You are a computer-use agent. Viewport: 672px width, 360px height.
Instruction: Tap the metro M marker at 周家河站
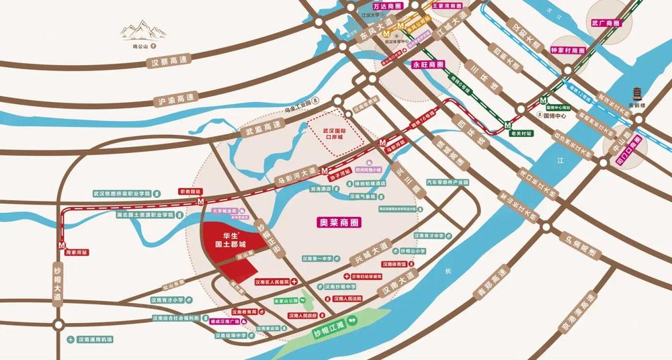point(62,246)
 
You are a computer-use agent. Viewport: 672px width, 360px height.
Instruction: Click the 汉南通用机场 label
point(93,340)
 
